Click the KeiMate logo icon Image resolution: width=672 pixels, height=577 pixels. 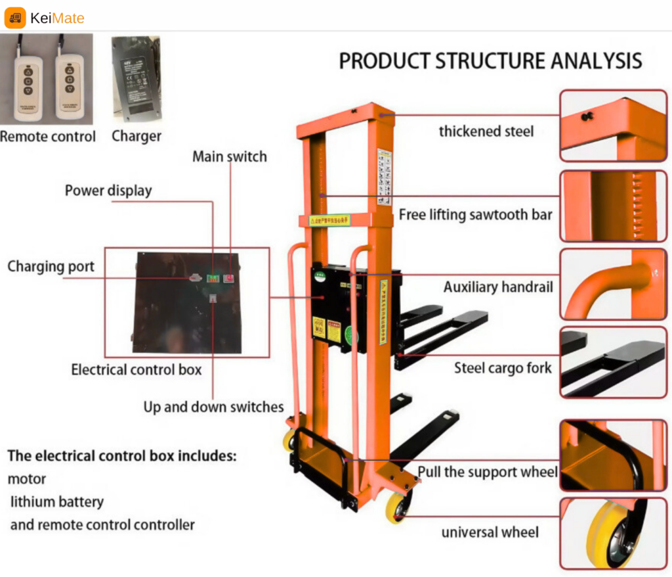(x=15, y=18)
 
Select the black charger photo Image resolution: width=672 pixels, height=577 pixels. (x=136, y=78)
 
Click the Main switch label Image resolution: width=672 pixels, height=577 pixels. (x=230, y=157)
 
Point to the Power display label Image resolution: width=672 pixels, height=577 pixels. (x=108, y=191)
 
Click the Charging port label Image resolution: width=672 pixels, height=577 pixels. (x=51, y=267)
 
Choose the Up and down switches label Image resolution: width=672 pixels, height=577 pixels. (x=213, y=407)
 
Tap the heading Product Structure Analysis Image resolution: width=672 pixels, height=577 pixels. (x=490, y=61)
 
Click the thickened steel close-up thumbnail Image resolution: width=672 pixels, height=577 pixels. (x=613, y=126)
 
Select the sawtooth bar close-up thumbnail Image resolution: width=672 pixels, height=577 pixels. (x=613, y=206)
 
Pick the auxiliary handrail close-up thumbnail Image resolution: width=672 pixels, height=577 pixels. (x=613, y=284)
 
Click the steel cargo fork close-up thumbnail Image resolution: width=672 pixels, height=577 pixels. (x=613, y=363)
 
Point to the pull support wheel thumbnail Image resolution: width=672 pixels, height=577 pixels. (x=613, y=455)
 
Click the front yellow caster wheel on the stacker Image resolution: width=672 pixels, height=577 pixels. (x=398, y=507)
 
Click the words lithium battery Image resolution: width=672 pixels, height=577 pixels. (x=57, y=502)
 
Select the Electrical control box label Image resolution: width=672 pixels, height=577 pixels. (x=136, y=370)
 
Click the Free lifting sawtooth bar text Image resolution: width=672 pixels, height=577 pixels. (x=475, y=215)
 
